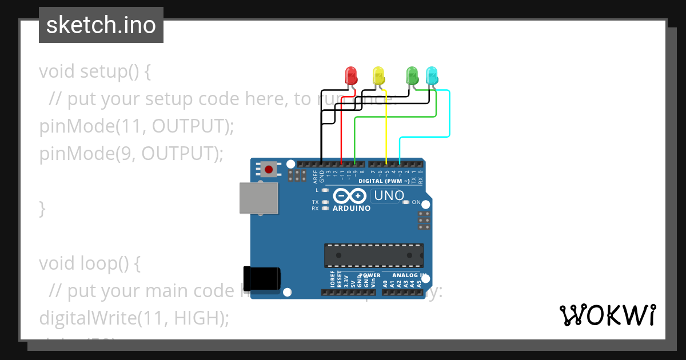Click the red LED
point(351,75)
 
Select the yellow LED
point(378,75)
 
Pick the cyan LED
point(432,75)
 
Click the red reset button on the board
point(268,169)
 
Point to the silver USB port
point(258,198)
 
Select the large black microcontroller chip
point(374,255)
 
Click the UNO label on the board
point(389,196)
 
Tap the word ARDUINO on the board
point(352,209)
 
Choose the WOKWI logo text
point(607,315)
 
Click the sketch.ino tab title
point(101,25)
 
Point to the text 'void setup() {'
point(95,72)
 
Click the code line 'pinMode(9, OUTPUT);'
point(131,154)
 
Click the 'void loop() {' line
point(89,263)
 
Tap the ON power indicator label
point(416,202)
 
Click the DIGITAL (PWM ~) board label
point(384,181)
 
